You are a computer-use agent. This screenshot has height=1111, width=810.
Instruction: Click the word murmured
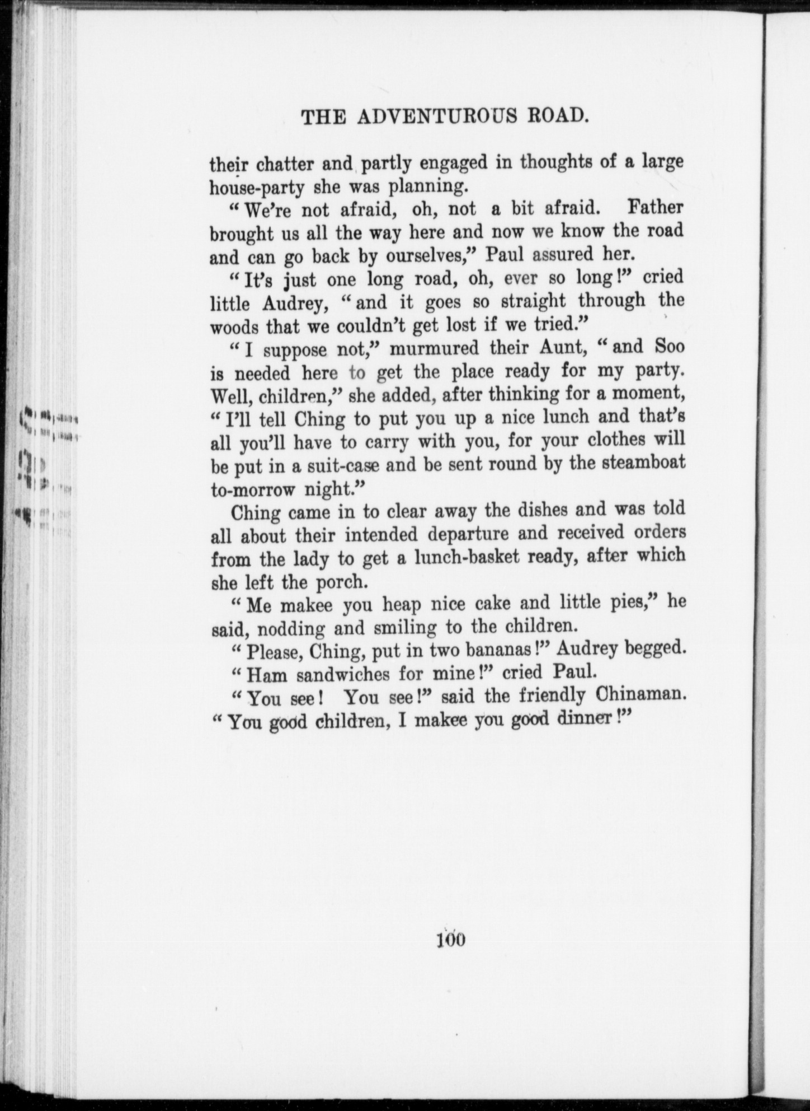click(434, 348)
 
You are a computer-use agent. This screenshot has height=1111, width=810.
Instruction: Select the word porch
click(340, 582)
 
